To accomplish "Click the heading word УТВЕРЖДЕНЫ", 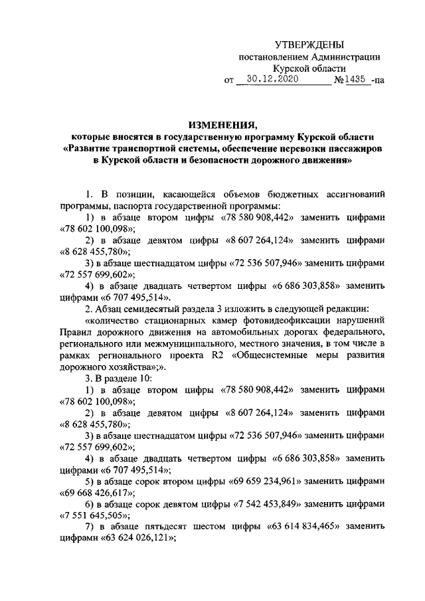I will (x=309, y=45).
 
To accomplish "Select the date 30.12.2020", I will (x=269, y=79).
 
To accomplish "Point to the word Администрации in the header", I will (x=341, y=57).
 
